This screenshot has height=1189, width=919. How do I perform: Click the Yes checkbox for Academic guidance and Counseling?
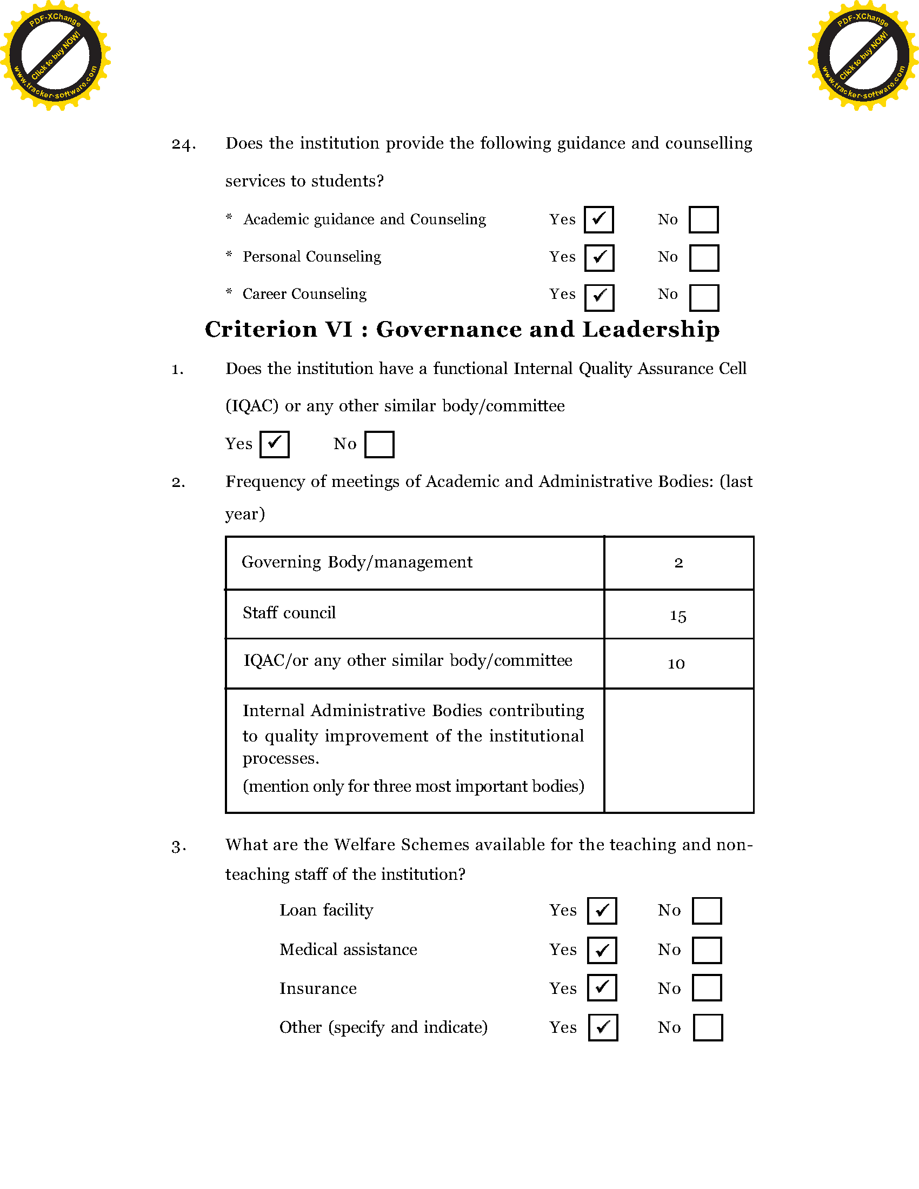click(599, 220)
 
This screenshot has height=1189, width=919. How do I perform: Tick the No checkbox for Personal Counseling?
click(704, 258)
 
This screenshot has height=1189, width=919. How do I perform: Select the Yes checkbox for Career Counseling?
click(600, 298)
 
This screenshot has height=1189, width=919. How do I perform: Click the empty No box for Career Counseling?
click(704, 298)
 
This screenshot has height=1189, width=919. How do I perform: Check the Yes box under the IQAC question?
click(275, 444)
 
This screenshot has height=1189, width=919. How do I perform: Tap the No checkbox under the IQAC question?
click(379, 444)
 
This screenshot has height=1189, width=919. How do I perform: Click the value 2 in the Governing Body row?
click(678, 563)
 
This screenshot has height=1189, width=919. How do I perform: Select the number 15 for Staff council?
click(678, 616)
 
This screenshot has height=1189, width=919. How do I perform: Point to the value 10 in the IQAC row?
click(676, 664)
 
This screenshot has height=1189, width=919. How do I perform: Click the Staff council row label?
click(289, 613)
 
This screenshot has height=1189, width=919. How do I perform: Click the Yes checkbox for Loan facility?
click(602, 911)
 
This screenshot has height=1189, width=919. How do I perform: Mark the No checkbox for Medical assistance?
click(707, 950)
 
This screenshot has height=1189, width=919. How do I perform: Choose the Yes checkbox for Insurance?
click(602, 988)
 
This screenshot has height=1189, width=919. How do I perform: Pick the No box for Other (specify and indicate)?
click(708, 1028)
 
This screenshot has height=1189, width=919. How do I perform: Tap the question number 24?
click(183, 144)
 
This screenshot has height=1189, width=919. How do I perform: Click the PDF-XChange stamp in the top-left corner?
click(55, 55)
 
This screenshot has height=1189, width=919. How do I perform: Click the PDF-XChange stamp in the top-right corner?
click(863, 55)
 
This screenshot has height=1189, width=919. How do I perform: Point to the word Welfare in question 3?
click(364, 844)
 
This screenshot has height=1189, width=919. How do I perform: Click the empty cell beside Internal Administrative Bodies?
click(679, 751)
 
